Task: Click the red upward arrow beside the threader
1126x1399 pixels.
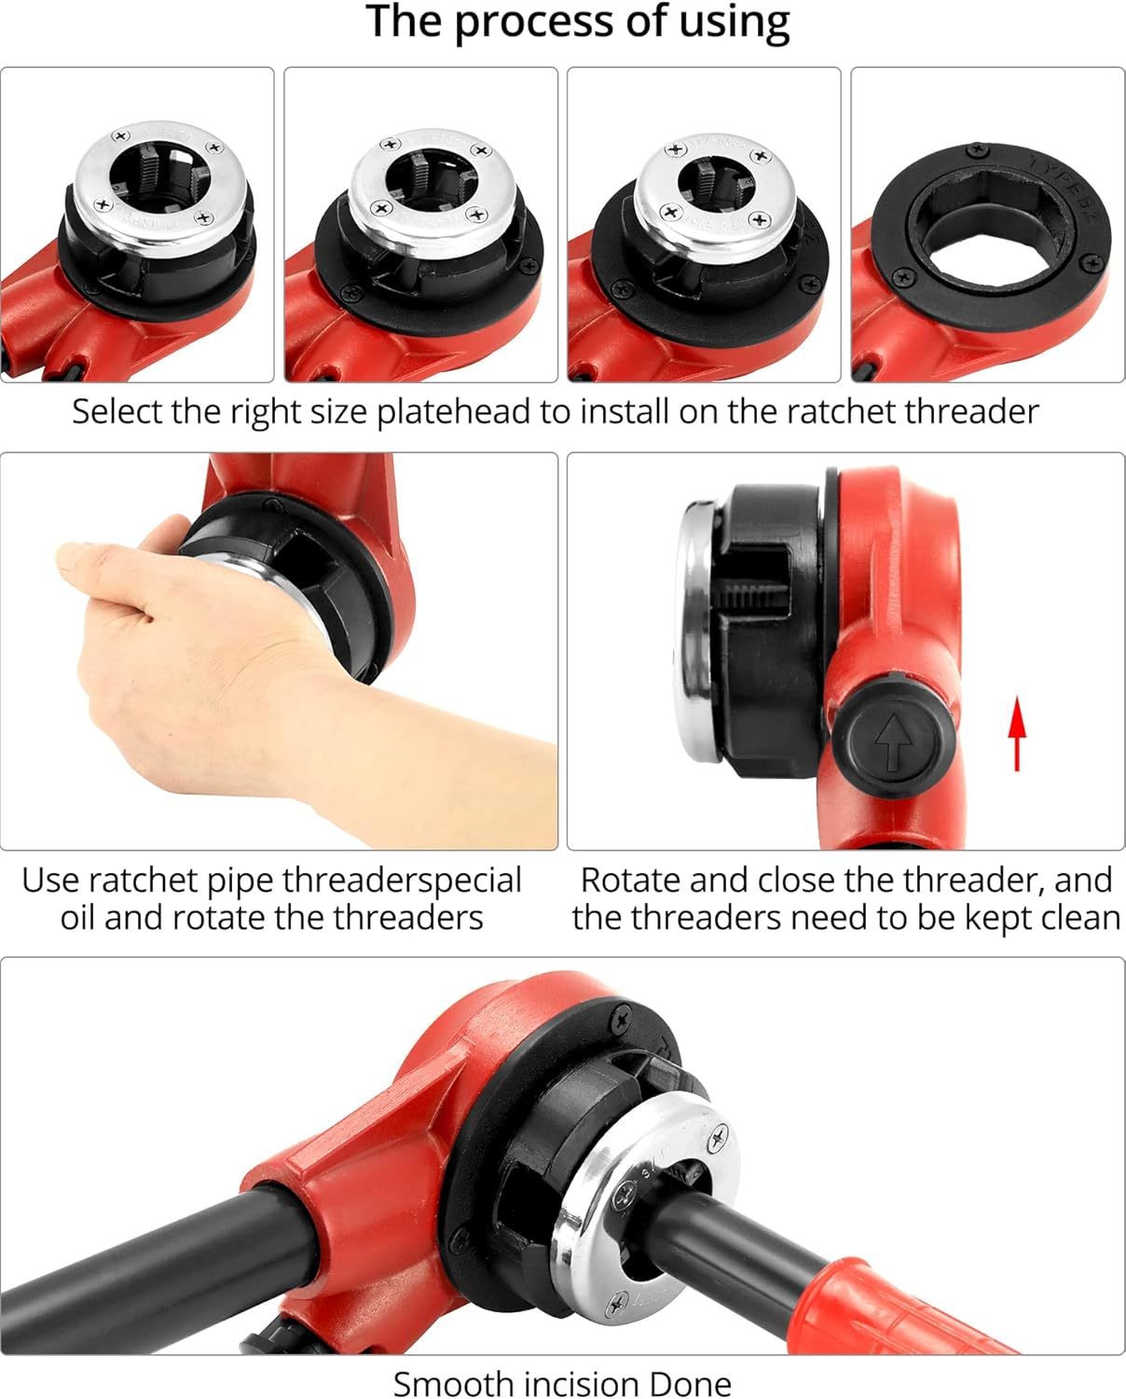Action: pos(1018,733)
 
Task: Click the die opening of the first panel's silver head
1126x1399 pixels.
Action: pos(159,175)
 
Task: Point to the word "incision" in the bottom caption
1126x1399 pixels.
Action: pos(581,1383)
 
